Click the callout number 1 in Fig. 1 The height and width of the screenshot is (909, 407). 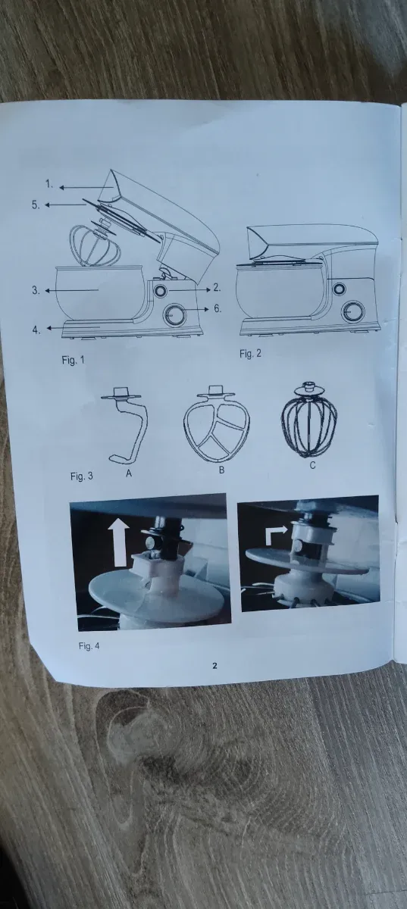point(49,184)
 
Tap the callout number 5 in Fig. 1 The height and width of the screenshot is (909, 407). point(36,205)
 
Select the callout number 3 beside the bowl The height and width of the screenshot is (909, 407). point(36,290)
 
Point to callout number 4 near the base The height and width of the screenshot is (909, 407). point(36,330)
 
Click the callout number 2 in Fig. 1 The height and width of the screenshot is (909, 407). point(218,287)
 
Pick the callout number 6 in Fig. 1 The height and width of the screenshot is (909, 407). point(218,308)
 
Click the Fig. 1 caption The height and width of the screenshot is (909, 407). point(73,360)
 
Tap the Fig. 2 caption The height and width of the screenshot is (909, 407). point(250,354)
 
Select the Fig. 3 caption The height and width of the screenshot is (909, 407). point(82,476)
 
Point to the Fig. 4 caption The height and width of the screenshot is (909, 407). point(89,645)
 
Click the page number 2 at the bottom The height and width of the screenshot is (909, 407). point(215,665)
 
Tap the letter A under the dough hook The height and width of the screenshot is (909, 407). point(128,473)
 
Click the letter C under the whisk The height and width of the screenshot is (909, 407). point(312,465)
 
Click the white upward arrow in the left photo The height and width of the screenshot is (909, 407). point(120,542)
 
